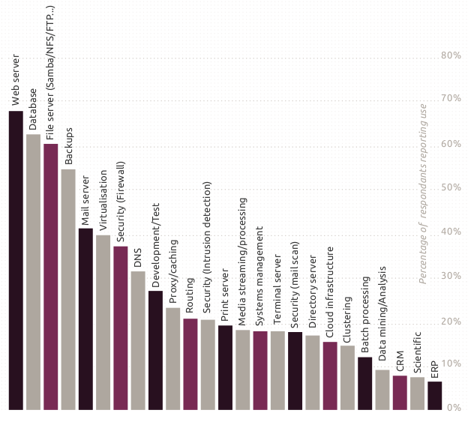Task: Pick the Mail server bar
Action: (85, 319)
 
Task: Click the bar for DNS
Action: (138, 340)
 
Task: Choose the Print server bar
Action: (225, 367)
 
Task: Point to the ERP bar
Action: (434, 395)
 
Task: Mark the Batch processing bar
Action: (364, 383)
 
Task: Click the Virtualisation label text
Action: (103, 200)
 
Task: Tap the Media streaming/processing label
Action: (242, 262)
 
